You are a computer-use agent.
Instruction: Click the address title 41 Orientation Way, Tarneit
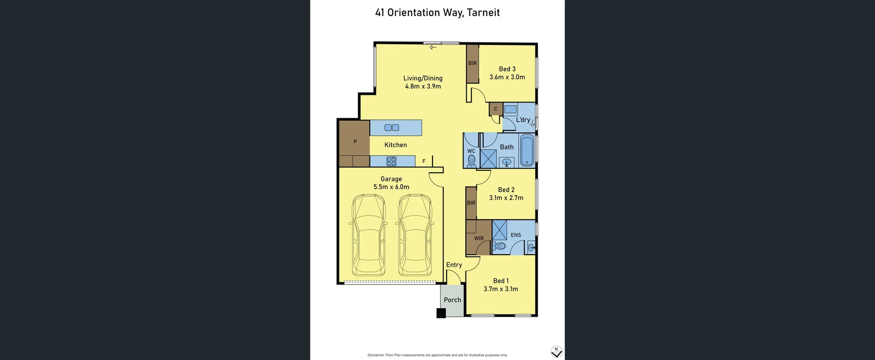click(x=437, y=13)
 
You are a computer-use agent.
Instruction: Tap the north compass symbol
click(x=556, y=352)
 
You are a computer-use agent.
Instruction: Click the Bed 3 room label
click(x=507, y=69)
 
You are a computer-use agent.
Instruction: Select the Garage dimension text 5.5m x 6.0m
click(x=391, y=187)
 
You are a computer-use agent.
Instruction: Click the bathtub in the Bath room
click(x=527, y=150)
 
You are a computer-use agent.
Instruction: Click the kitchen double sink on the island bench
click(x=391, y=128)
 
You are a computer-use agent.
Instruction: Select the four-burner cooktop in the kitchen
click(x=391, y=161)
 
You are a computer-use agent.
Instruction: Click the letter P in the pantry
click(x=355, y=142)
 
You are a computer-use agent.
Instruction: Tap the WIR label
click(x=479, y=238)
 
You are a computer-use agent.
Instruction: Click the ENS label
click(x=515, y=235)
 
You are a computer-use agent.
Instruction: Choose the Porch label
click(x=452, y=300)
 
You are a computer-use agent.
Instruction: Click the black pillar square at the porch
click(x=441, y=313)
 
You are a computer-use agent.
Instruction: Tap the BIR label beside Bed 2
click(x=471, y=203)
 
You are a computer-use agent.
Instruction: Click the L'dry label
click(x=523, y=120)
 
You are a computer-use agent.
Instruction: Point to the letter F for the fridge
click(x=424, y=161)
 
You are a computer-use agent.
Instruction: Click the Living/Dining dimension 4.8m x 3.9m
click(x=422, y=86)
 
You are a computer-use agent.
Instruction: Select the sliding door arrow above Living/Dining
click(x=433, y=47)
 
